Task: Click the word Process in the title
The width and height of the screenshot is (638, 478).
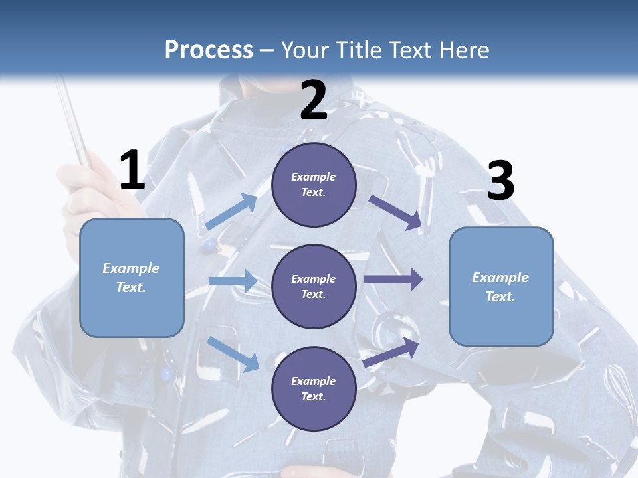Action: pos(209,50)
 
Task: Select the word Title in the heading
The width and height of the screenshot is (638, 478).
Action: pos(358,50)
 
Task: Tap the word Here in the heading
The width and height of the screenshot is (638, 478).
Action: pos(464,50)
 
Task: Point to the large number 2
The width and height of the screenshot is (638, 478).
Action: pos(313,100)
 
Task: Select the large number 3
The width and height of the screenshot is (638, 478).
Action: pos(501,180)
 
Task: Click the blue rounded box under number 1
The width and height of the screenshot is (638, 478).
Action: pos(132,278)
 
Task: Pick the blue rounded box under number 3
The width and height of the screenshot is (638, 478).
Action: pos(501,287)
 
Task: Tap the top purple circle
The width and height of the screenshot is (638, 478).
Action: pos(314,185)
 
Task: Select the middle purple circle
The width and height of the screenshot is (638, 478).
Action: pos(314,287)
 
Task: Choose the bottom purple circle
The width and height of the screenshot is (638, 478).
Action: pos(314,388)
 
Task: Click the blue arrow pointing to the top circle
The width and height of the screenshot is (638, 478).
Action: pos(231,211)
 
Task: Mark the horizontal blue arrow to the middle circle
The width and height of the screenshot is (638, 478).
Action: pos(233,280)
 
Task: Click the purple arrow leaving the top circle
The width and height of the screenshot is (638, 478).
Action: pos(395,212)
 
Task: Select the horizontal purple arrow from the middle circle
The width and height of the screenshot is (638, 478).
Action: pos(393,279)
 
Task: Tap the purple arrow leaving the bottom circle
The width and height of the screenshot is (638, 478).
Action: pos(391,352)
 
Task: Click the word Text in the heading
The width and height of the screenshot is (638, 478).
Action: pos(411,50)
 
